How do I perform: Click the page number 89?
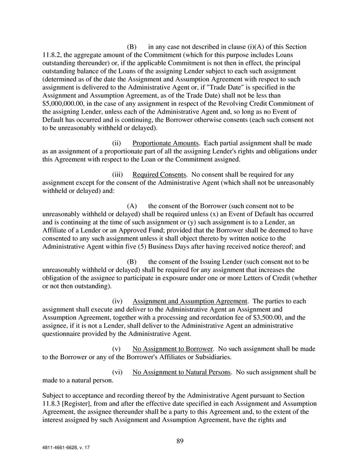180,441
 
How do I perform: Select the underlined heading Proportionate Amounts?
165,143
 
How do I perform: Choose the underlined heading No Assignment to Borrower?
173,348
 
